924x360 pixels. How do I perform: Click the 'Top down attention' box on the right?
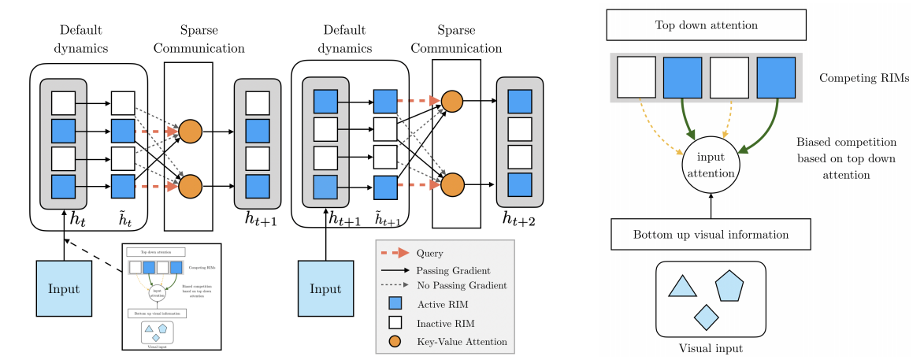pyautogui.click(x=706, y=25)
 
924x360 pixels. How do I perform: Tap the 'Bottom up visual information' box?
pyautogui.click(x=711, y=236)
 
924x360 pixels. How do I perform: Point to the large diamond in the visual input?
pyautogui.click(x=705, y=317)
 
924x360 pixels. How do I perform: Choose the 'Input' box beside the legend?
pyautogui.click(x=325, y=289)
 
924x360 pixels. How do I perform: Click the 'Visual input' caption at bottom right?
pyautogui.click(x=711, y=347)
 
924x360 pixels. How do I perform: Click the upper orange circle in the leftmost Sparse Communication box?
pyautogui.click(x=190, y=132)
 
